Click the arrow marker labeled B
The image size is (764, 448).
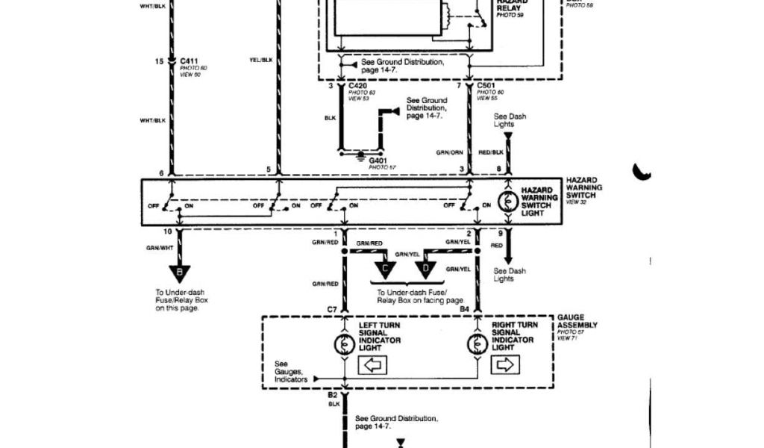(x=179, y=273)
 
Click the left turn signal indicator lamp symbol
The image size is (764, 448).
(x=345, y=344)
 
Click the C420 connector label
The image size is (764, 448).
(x=357, y=87)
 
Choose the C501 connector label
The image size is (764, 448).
(x=487, y=87)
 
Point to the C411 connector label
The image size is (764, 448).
(x=189, y=60)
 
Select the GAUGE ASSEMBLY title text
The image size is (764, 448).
(x=577, y=321)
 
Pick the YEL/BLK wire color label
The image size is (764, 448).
(x=261, y=60)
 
